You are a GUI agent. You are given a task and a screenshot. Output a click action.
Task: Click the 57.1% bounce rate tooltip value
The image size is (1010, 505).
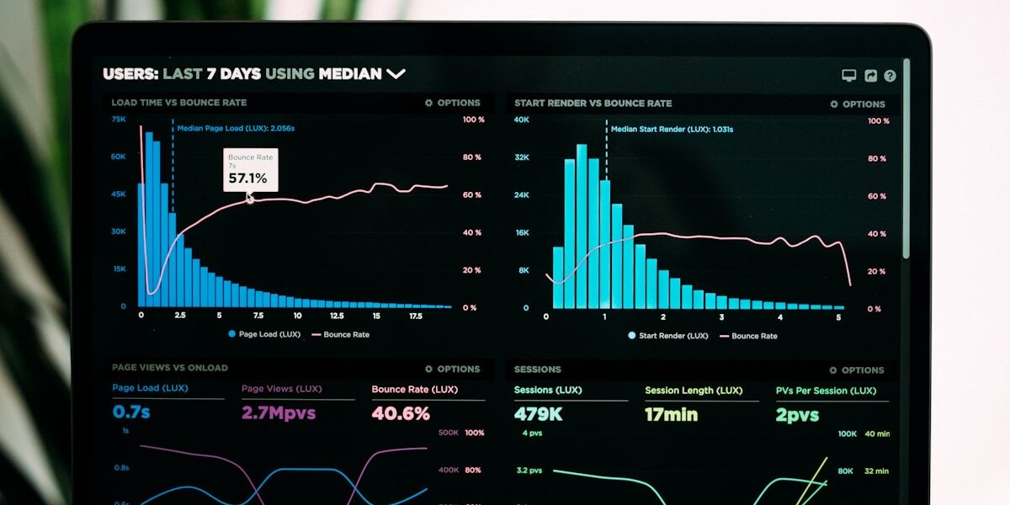(x=247, y=178)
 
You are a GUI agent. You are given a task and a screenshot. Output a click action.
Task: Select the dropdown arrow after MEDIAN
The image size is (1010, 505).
(x=396, y=74)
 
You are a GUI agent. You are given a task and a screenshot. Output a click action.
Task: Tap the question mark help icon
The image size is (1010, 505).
(x=890, y=76)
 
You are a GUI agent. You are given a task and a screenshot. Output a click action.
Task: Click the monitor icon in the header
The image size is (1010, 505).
(x=849, y=76)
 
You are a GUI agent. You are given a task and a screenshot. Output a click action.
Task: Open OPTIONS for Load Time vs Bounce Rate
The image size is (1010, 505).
(x=453, y=103)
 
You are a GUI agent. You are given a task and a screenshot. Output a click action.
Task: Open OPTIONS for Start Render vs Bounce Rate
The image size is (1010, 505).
(x=858, y=104)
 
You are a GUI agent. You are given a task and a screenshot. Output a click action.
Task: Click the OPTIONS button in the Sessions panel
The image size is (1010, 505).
(x=857, y=370)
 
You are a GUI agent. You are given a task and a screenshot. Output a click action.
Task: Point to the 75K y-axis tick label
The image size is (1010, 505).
(x=119, y=120)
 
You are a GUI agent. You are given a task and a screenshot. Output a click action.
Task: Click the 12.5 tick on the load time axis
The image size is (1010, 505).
(x=337, y=316)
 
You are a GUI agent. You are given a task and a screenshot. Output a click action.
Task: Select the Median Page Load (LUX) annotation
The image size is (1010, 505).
(x=236, y=128)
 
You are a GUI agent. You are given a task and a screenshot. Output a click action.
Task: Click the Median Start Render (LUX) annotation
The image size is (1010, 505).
(x=672, y=130)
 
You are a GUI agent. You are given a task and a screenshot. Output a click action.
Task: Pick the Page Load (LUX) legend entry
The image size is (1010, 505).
(x=263, y=334)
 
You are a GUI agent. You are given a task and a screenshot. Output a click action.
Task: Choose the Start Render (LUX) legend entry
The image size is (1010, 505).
(x=667, y=336)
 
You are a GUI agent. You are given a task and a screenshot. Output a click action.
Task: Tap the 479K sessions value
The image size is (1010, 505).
(x=538, y=414)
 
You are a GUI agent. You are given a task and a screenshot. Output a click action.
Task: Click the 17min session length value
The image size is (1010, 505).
(x=671, y=415)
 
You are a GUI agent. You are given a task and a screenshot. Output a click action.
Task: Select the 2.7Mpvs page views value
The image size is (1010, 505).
(x=278, y=413)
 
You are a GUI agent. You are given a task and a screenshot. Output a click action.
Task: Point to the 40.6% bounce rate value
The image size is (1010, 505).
(x=401, y=413)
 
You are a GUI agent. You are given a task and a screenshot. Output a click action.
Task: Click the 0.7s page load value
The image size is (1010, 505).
(x=131, y=412)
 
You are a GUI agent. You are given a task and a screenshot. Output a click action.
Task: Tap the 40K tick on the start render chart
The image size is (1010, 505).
(x=522, y=120)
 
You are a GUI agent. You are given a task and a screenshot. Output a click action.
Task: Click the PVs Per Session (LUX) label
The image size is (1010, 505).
(x=826, y=391)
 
